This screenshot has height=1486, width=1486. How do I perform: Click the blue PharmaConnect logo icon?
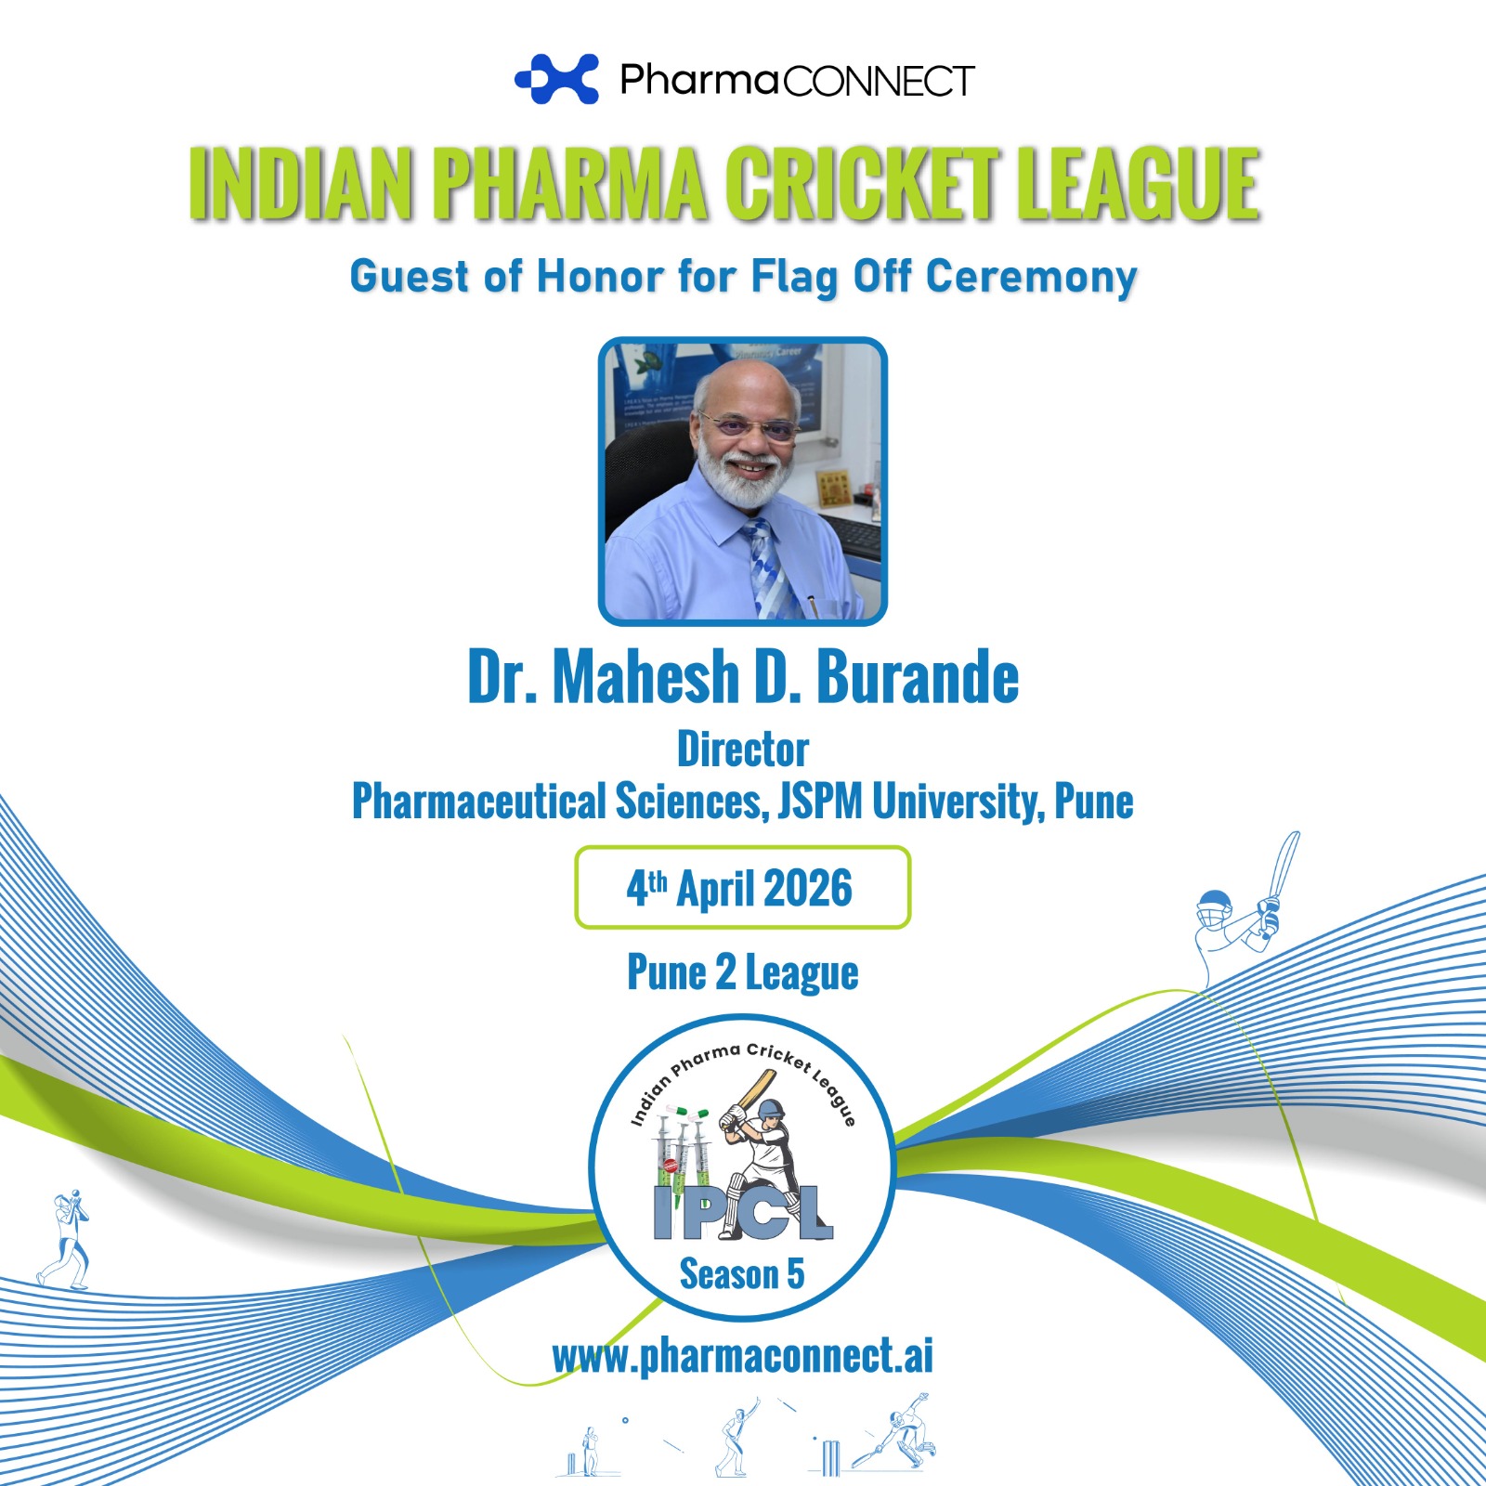click(x=557, y=79)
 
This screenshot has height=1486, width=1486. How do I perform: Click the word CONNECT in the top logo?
click(x=879, y=82)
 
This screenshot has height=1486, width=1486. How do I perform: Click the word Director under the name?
click(x=743, y=750)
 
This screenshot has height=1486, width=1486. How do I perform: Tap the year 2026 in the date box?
click(x=808, y=888)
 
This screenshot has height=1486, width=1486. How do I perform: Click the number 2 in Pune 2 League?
click(x=725, y=972)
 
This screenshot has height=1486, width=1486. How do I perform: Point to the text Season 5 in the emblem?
click(x=742, y=1274)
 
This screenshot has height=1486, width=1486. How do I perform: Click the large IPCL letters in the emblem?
click(x=743, y=1213)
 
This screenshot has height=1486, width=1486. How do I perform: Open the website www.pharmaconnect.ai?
click(x=743, y=1356)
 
